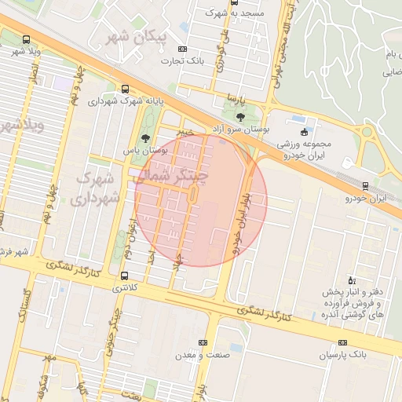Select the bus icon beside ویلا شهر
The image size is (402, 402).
(27, 39)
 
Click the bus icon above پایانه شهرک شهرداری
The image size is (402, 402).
(126, 89)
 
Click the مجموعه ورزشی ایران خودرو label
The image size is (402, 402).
(304, 150)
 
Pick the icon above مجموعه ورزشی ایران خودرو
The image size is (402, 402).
(305, 131)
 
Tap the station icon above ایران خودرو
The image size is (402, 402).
(366, 186)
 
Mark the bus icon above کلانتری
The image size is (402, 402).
(125, 276)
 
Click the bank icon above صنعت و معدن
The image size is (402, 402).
(203, 343)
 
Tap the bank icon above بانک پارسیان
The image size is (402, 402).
(342, 343)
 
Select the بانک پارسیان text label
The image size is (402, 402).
(342, 356)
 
